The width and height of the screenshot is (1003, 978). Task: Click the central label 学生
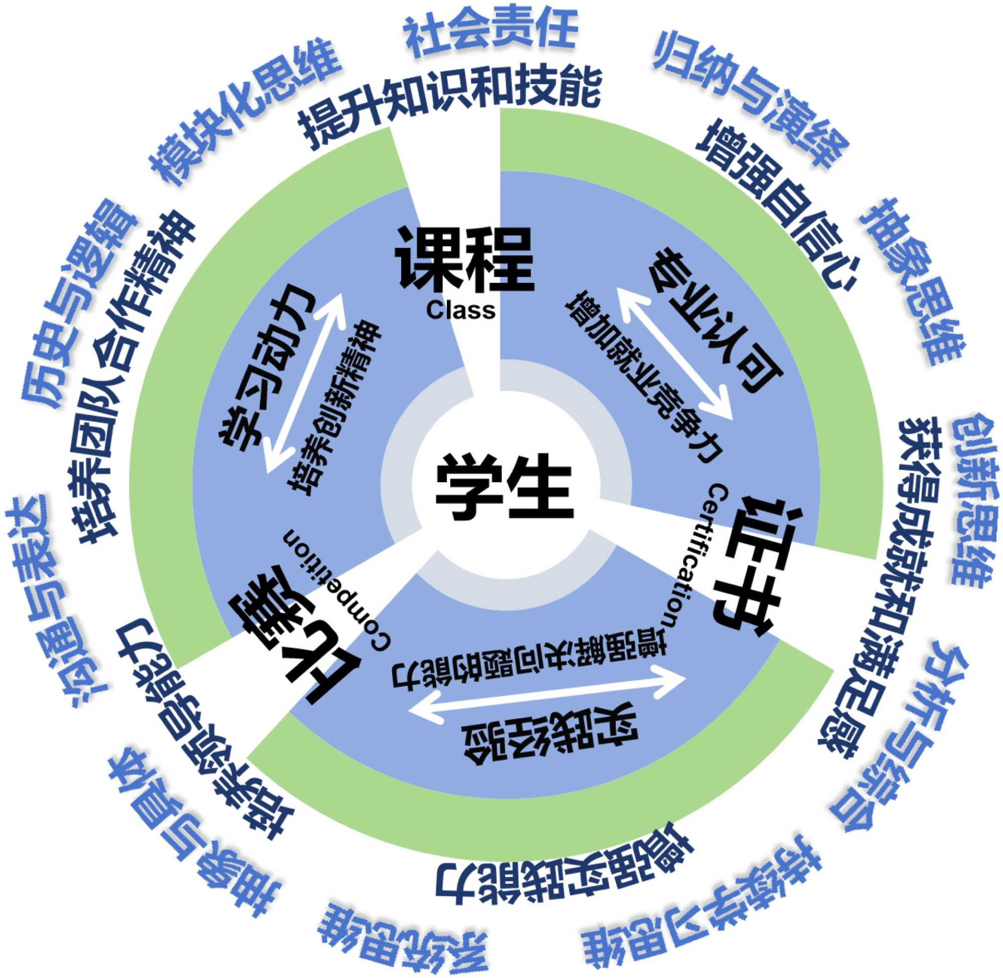coord(503,486)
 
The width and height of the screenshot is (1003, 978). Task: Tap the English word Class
coord(460,311)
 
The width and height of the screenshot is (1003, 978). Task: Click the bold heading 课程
coord(464,259)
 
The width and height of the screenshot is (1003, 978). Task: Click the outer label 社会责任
coord(491,32)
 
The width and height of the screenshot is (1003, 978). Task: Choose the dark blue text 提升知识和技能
coord(450,103)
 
